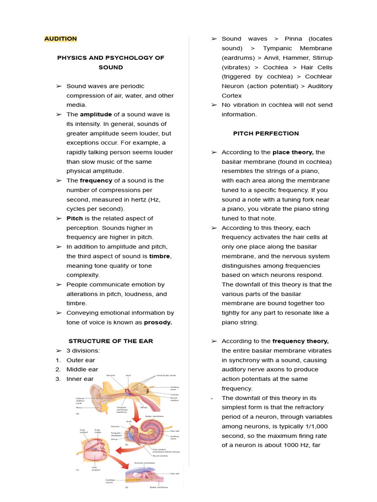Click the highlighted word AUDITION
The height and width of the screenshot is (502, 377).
click(60, 39)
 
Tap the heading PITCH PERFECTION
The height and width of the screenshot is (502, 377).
click(266, 133)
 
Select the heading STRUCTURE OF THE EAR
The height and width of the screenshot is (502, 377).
click(110, 341)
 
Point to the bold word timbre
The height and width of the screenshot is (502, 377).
click(160, 256)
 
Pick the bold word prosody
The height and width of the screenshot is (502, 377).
click(158, 323)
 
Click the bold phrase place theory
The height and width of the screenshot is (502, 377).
click(293, 152)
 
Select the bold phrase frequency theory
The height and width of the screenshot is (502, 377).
click(300, 341)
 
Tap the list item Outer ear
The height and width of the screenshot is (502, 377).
click(81, 360)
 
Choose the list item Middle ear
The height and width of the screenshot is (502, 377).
click(82, 370)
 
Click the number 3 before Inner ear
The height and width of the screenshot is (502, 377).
click(57, 379)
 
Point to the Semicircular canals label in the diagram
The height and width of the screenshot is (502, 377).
click(167, 376)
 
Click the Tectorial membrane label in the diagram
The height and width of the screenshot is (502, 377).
click(144, 462)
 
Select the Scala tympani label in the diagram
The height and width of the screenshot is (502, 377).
click(94, 469)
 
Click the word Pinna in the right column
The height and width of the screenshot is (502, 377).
click(294, 39)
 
